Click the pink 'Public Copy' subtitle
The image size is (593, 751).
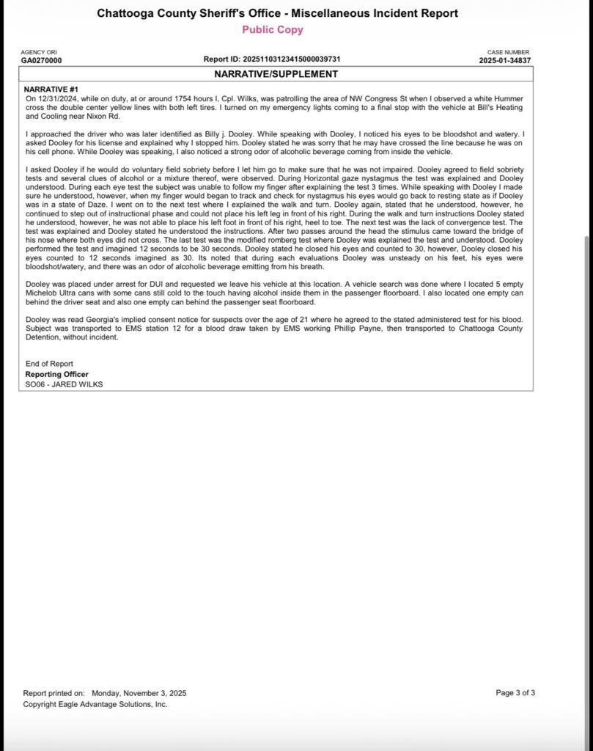272,30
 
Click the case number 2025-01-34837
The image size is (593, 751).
505,60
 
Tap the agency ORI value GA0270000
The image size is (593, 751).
41,60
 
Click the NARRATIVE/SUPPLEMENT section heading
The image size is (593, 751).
276,74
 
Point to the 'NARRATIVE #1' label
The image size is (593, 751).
52,89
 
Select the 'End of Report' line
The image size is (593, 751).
49,364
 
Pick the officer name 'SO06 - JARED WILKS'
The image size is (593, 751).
64,384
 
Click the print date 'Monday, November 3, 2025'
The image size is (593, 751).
139,692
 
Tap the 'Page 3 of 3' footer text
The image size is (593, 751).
515,692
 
